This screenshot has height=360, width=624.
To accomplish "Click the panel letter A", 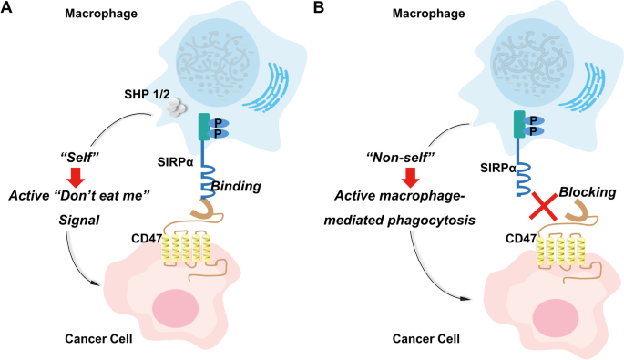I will (x=7, y=9).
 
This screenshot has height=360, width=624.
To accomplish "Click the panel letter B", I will (x=319, y=9).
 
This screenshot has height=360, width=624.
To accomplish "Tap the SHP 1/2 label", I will (x=146, y=94).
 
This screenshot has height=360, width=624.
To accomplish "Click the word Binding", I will (x=237, y=186).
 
